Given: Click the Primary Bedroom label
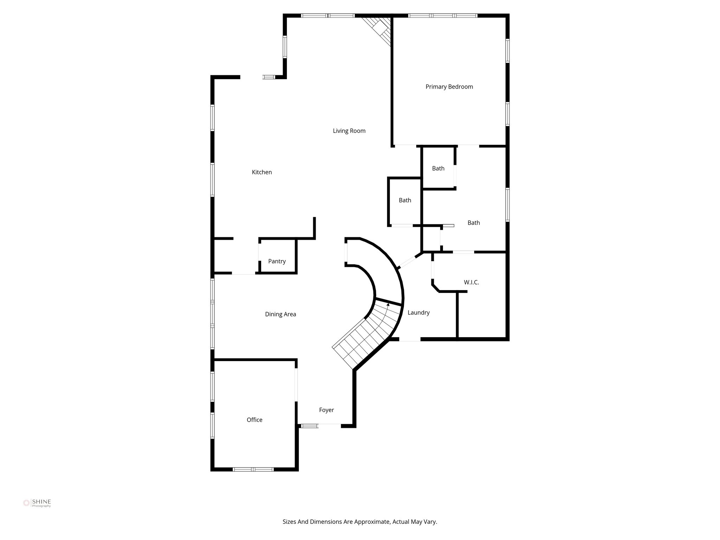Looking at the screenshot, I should (x=449, y=87).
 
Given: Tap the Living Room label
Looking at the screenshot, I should (x=349, y=131).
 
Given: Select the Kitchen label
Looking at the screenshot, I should (x=262, y=172).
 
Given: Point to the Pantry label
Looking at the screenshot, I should (x=277, y=261).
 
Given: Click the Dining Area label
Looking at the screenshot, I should (x=280, y=314).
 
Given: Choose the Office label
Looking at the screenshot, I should (x=254, y=420).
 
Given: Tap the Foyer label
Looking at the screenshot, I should (x=326, y=410).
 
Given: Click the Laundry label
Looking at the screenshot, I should (x=418, y=313).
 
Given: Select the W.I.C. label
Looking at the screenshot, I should (x=471, y=282).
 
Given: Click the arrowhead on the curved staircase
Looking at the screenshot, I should (x=388, y=305).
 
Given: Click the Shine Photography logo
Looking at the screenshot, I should (x=37, y=503).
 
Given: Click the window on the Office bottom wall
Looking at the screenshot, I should (x=253, y=469).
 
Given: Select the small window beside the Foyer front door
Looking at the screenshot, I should (x=309, y=426).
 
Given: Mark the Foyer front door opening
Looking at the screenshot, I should (x=329, y=425).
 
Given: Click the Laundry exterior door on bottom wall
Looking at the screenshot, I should (x=410, y=340).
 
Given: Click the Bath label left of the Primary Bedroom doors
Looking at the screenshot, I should (x=405, y=200).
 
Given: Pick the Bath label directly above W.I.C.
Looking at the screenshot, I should (x=474, y=223).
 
